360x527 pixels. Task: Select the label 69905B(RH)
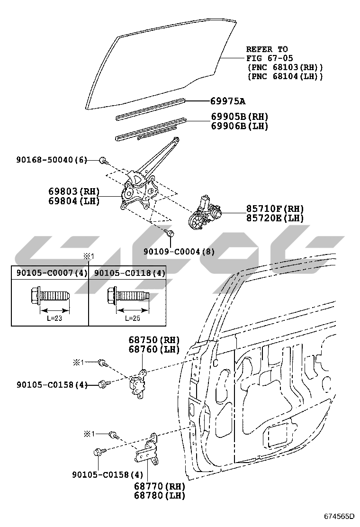[240, 117]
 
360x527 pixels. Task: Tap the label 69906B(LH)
[240, 126]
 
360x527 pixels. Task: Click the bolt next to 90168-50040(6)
[103, 161]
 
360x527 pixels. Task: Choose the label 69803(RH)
[74, 191]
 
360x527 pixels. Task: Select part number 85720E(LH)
[275, 218]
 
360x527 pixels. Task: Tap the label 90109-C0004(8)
[180, 252]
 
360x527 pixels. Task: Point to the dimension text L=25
[133, 318]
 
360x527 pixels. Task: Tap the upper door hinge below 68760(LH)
[137, 382]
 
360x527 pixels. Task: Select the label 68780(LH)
[159, 495]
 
